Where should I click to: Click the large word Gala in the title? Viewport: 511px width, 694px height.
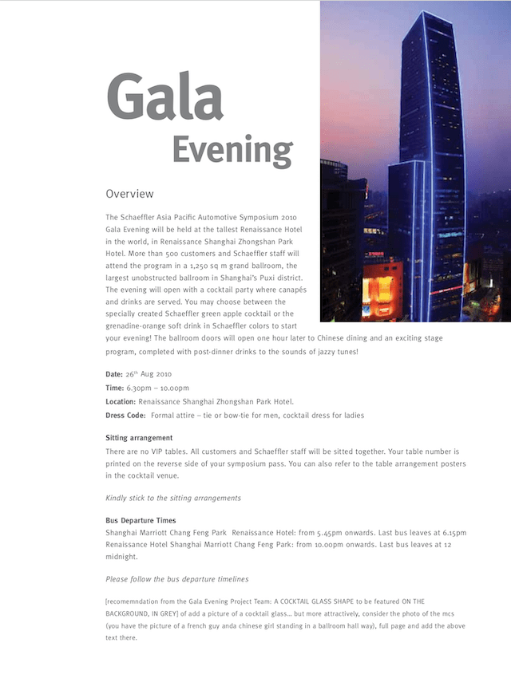(x=164, y=97)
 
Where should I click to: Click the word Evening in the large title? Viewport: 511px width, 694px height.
(x=232, y=149)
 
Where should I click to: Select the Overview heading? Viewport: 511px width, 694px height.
(x=129, y=194)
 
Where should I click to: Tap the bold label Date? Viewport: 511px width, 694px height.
(x=114, y=373)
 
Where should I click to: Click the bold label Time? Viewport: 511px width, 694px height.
(x=114, y=388)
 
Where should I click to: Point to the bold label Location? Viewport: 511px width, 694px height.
(x=121, y=401)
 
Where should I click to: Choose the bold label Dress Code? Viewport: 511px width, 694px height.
(x=125, y=416)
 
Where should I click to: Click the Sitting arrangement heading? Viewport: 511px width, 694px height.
(x=139, y=438)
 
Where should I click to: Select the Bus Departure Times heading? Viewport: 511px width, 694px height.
(x=141, y=520)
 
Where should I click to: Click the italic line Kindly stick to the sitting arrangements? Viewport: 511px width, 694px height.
(x=173, y=498)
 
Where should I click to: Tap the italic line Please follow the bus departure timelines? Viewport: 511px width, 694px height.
(x=176, y=579)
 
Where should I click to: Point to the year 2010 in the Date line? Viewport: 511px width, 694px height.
(x=160, y=373)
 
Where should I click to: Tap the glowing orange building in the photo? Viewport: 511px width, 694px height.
(x=382, y=287)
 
